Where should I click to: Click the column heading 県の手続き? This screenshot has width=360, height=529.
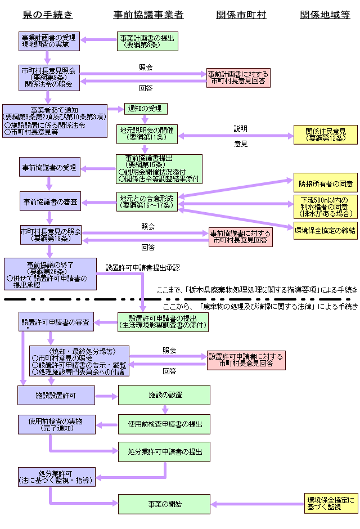pyautogui.click(x=48, y=15)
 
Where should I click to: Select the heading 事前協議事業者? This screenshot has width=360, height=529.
pyautogui.click(x=148, y=15)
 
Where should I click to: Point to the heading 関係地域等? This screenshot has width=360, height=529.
pyautogui.click(x=325, y=15)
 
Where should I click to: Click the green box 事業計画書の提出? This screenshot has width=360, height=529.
pyautogui.click(x=147, y=41)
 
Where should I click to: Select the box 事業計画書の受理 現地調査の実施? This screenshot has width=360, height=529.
pyautogui.click(x=49, y=41)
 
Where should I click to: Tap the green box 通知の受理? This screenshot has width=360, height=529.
pyautogui.click(x=145, y=109)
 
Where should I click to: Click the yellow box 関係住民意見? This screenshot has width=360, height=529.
pyautogui.click(x=325, y=135)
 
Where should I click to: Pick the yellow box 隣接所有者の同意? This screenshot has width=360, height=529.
pyautogui.click(x=325, y=183)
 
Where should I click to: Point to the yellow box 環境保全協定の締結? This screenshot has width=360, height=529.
pyautogui.click(x=325, y=230)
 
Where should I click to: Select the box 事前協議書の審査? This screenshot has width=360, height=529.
pyautogui.click(x=49, y=201)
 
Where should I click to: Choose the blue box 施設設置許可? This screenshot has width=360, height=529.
pyautogui.click(x=56, y=396)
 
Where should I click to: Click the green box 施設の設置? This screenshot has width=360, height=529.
pyautogui.click(x=164, y=395)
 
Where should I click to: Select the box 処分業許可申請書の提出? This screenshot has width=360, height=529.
pyautogui.click(x=164, y=452)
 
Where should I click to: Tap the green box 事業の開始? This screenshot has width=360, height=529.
pyautogui.click(x=164, y=504)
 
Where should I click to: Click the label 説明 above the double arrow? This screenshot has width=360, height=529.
pyautogui.click(x=241, y=128)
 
